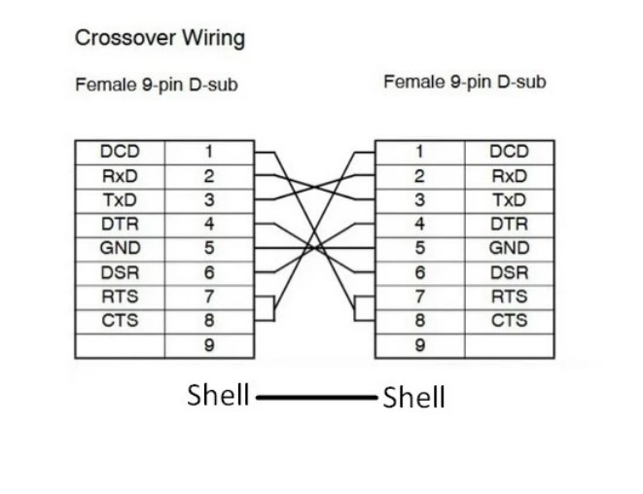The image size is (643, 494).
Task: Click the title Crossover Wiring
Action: tap(160, 39)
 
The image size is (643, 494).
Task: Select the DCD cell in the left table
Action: tap(120, 152)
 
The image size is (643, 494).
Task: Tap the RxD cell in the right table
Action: tap(509, 176)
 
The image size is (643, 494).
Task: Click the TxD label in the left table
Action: tap(120, 200)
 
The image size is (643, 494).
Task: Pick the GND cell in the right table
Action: tap(509, 248)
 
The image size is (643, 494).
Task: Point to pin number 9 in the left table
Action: tap(208, 344)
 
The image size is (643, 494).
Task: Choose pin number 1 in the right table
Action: tap(419, 152)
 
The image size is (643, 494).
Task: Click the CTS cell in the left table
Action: tap(120, 320)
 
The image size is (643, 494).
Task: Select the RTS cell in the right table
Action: tap(509, 297)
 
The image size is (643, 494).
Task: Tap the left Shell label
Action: tap(218, 396)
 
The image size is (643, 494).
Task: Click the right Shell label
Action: tap(414, 397)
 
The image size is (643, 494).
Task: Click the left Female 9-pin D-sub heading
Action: tap(157, 86)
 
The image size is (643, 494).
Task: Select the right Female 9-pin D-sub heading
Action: tap(465, 82)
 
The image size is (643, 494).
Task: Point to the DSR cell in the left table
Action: tap(120, 272)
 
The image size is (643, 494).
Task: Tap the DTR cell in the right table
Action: tap(509, 224)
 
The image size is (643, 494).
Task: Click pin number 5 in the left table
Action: tap(208, 248)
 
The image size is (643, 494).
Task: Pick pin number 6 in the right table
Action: tap(419, 272)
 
